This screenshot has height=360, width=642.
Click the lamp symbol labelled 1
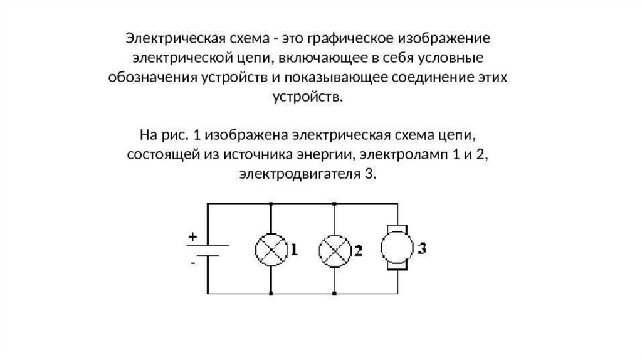[x=271, y=249]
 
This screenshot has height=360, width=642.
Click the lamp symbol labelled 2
[x=334, y=249]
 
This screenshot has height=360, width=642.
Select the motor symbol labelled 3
[x=397, y=247]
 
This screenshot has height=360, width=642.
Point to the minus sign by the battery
[x=193, y=264]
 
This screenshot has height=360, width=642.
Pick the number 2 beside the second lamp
[x=357, y=250]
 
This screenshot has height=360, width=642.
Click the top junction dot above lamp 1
[x=271, y=204]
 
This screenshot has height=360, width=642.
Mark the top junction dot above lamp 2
[x=334, y=204]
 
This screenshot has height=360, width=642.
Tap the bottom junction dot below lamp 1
[x=271, y=294]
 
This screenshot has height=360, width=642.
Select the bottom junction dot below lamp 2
[x=334, y=294]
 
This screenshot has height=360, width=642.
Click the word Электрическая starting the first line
[x=164, y=38]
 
